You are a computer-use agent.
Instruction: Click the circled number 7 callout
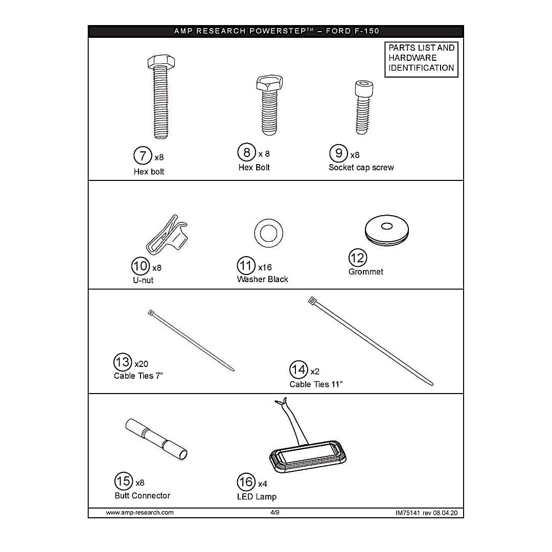143,155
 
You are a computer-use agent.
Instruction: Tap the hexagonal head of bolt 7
161,62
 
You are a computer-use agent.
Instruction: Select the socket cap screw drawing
363,107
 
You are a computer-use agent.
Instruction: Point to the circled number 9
338,153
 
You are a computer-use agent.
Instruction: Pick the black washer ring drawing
269,234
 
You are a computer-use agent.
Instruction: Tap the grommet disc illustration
387,231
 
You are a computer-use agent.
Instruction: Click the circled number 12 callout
358,258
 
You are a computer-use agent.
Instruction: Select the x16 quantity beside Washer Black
265,267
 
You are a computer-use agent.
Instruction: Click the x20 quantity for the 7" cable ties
141,364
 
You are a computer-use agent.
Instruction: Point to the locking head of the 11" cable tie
312,301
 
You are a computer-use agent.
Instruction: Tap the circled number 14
298,370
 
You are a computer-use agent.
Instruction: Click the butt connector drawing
156,439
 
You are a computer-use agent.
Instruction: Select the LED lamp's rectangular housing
308,456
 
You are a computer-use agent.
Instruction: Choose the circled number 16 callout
246,482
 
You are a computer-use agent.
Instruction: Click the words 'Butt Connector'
142,496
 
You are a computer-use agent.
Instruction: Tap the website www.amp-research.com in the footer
140,513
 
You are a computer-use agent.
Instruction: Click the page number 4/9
275,512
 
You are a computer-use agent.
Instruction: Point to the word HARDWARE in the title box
412,58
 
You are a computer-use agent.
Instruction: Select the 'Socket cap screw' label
361,168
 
